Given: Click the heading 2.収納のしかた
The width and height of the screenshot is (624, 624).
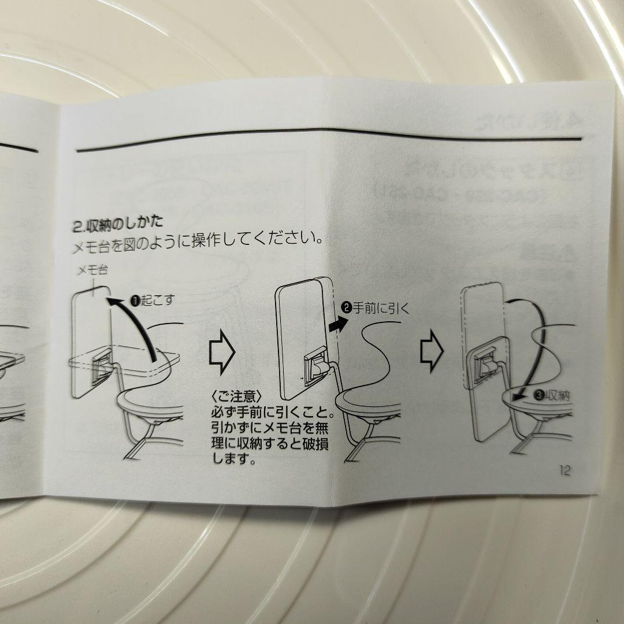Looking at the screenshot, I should click(118, 222).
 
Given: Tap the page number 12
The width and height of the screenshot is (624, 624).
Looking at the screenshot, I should click(564, 470).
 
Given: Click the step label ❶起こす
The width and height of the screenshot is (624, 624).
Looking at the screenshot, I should click(151, 301).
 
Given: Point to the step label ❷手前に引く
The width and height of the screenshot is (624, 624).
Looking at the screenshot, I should click(376, 309).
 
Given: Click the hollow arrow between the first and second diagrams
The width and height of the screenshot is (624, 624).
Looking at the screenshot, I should click(221, 353).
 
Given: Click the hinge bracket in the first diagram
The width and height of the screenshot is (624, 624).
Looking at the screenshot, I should click(102, 367).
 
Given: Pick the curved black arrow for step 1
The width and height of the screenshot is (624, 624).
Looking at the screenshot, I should click(140, 324).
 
